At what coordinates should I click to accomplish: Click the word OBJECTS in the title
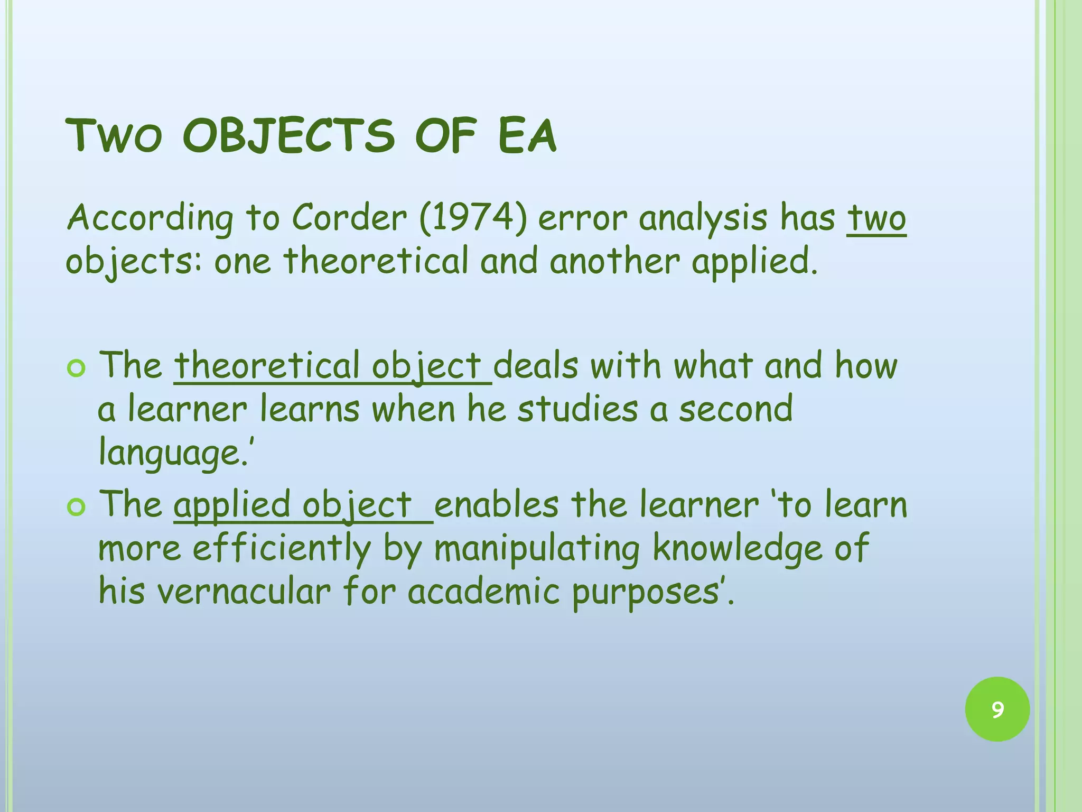click(288, 136)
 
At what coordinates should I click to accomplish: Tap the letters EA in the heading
click(527, 136)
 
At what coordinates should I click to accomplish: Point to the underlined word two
click(876, 218)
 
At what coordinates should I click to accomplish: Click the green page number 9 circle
click(997, 709)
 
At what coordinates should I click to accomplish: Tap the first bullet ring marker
click(77, 368)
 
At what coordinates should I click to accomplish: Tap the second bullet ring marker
click(77, 507)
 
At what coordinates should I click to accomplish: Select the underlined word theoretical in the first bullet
click(267, 366)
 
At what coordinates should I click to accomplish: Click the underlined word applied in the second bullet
click(232, 504)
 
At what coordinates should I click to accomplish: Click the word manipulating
click(537, 549)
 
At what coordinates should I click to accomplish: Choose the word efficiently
click(282, 549)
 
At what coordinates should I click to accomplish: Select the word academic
click(483, 591)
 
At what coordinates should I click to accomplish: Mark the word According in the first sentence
click(151, 219)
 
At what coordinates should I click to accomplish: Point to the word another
click(614, 262)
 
